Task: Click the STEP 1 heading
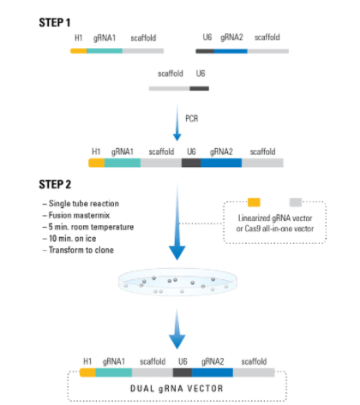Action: click(x=55, y=22)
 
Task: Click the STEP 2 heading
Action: click(x=55, y=184)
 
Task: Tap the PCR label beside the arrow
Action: click(x=192, y=118)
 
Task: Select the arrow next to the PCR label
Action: click(x=177, y=122)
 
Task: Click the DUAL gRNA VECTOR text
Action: click(x=177, y=389)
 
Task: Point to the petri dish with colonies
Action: click(x=177, y=282)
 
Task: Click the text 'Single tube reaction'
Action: click(x=84, y=204)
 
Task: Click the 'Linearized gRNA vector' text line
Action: click(x=275, y=218)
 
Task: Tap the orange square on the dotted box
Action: click(x=254, y=202)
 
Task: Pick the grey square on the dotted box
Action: click(x=296, y=202)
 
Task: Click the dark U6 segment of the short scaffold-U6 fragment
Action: click(x=199, y=88)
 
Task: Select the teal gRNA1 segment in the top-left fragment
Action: click(x=105, y=51)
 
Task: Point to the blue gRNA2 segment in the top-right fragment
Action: click(x=231, y=51)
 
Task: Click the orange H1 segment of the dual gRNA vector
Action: click(x=87, y=372)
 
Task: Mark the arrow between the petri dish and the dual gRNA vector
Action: click(x=177, y=328)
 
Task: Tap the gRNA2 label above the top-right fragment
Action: click(x=231, y=38)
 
